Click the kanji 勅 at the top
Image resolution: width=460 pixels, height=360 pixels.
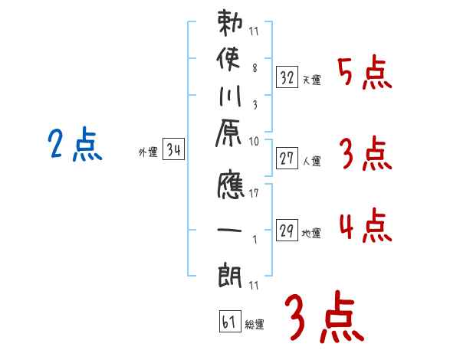pyautogui.click(x=229, y=25)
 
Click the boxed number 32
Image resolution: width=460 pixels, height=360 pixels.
pyautogui.click(x=287, y=76)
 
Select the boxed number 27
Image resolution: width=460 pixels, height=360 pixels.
pyautogui.click(x=287, y=159)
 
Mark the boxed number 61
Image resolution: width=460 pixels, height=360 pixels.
pyautogui.click(x=228, y=322)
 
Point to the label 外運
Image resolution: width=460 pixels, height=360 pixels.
pyautogui.click(x=147, y=152)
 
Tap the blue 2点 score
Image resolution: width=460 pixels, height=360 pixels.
pyautogui.click(x=74, y=146)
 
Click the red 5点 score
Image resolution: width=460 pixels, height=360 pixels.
pyautogui.click(x=364, y=74)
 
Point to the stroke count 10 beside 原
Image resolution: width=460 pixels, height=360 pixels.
pyautogui.click(x=254, y=141)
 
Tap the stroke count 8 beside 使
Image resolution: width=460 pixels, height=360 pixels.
pyautogui.click(x=254, y=67)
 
